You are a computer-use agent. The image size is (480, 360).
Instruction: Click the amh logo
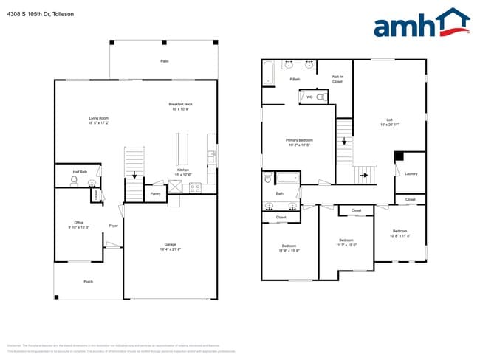[421, 24]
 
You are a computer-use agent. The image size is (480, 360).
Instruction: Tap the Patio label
[164, 61]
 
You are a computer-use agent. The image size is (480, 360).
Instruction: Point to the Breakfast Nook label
[181, 105]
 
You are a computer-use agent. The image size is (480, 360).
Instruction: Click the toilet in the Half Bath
[74, 179]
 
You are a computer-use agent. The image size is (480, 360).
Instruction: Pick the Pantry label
[155, 194]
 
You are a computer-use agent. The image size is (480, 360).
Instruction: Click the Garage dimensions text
[170, 249]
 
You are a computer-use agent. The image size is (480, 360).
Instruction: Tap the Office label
[78, 223]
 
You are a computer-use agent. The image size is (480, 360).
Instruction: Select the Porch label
[88, 281]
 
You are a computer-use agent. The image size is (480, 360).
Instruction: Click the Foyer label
[114, 226]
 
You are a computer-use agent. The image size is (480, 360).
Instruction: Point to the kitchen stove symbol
[196, 187]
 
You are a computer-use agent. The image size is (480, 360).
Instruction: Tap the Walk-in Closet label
[337, 78]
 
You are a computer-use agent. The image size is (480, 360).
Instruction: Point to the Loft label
[389, 120]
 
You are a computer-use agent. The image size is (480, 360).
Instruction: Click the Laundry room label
[411, 174]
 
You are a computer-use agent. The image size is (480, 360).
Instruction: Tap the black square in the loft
[399, 155]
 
